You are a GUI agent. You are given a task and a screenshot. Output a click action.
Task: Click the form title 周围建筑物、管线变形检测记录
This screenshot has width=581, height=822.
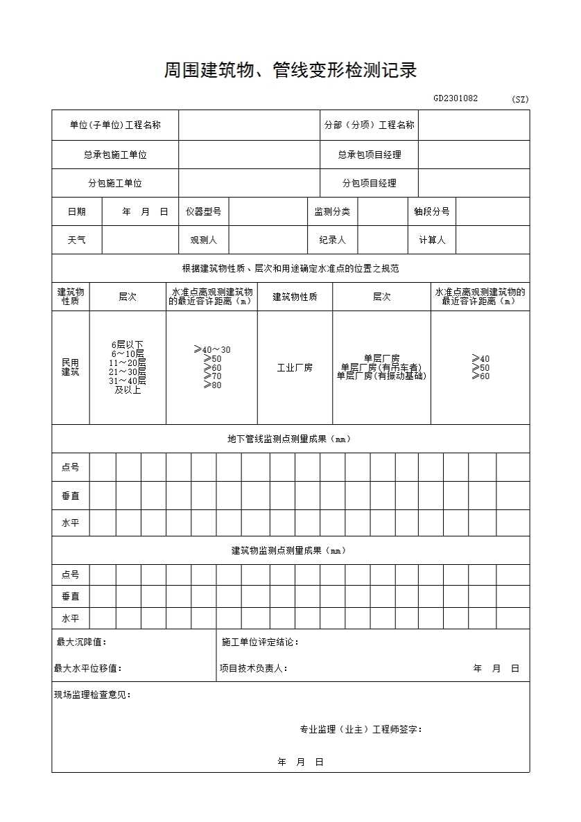pyautogui.click(x=290, y=70)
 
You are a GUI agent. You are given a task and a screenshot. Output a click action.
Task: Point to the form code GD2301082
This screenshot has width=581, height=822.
pyautogui.click(x=456, y=98)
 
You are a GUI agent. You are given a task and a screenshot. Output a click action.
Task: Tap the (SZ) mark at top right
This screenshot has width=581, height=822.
pyautogui.click(x=520, y=99)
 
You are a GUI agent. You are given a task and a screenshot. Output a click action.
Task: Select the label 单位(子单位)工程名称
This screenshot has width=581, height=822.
pyautogui.click(x=115, y=125)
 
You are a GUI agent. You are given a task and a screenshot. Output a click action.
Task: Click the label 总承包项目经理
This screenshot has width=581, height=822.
pyautogui.click(x=369, y=155)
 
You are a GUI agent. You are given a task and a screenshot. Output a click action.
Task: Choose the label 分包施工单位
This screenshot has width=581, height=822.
pyautogui.click(x=115, y=183)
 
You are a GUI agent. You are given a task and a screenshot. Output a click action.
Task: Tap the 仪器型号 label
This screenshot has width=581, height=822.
pyautogui.click(x=203, y=211)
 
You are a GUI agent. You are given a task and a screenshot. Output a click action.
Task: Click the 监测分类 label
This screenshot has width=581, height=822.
pyautogui.click(x=332, y=211)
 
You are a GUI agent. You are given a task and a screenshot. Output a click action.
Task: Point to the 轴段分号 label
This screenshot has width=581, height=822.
pyautogui.click(x=431, y=211)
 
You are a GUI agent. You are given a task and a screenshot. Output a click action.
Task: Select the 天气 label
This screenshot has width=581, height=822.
pyautogui.click(x=77, y=240)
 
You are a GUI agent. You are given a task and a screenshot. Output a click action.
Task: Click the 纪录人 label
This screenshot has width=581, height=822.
pyautogui.click(x=332, y=240)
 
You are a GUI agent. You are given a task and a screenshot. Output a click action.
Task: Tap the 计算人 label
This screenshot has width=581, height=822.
pyautogui.click(x=431, y=240)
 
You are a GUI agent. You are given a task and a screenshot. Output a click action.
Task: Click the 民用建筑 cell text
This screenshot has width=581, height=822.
pyautogui.click(x=71, y=367)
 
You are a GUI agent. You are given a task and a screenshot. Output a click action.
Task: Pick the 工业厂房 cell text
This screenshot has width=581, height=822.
pyautogui.click(x=295, y=367)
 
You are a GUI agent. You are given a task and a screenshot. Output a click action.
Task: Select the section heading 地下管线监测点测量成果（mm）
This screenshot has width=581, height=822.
pyautogui.click(x=290, y=439)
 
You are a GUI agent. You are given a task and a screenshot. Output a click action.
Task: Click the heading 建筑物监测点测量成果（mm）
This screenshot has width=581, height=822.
pyautogui.click(x=290, y=550)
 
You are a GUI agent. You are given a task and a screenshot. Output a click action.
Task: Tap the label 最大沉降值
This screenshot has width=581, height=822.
pyautogui.click(x=81, y=642)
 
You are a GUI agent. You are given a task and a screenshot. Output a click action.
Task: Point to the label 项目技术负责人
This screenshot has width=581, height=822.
pyautogui.click(x=253, y=668)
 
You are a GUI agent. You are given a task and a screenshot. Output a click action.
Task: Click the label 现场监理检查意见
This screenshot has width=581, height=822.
pyautogui.click(x=92, y=694)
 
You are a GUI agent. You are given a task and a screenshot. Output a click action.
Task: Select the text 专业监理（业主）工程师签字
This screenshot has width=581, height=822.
pyautogui.click(x=361, y=729)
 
